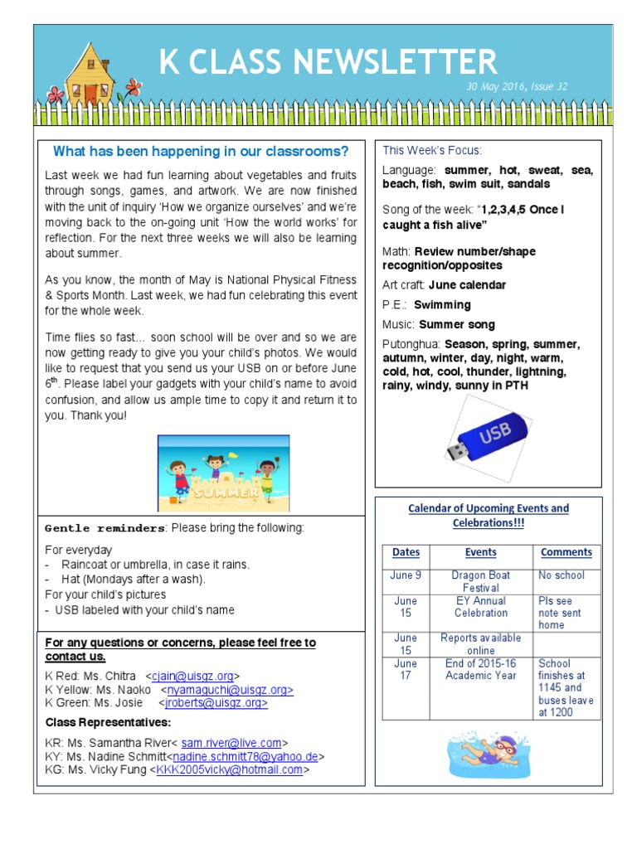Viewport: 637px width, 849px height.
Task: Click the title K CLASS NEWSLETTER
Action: coord(328,61)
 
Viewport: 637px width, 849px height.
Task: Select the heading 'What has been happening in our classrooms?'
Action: coord(201,151)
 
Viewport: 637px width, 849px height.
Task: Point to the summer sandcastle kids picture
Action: coord(223,473)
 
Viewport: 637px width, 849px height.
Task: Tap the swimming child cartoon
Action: coord(487,750)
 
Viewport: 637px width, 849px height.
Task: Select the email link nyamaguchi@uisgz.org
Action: coord(230,690)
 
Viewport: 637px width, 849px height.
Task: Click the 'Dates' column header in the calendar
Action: coord(406,552)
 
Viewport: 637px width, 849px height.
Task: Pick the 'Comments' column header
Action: coord(566,552)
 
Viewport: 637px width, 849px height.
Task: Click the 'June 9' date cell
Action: coord(406,575)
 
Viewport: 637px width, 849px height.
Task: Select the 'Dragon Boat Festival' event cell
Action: coord(481,581)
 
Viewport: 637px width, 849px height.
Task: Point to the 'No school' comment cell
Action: coord(561,575)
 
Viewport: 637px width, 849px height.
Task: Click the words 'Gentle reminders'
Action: coord(105,528)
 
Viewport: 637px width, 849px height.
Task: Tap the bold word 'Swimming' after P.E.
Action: coord(442,305)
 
